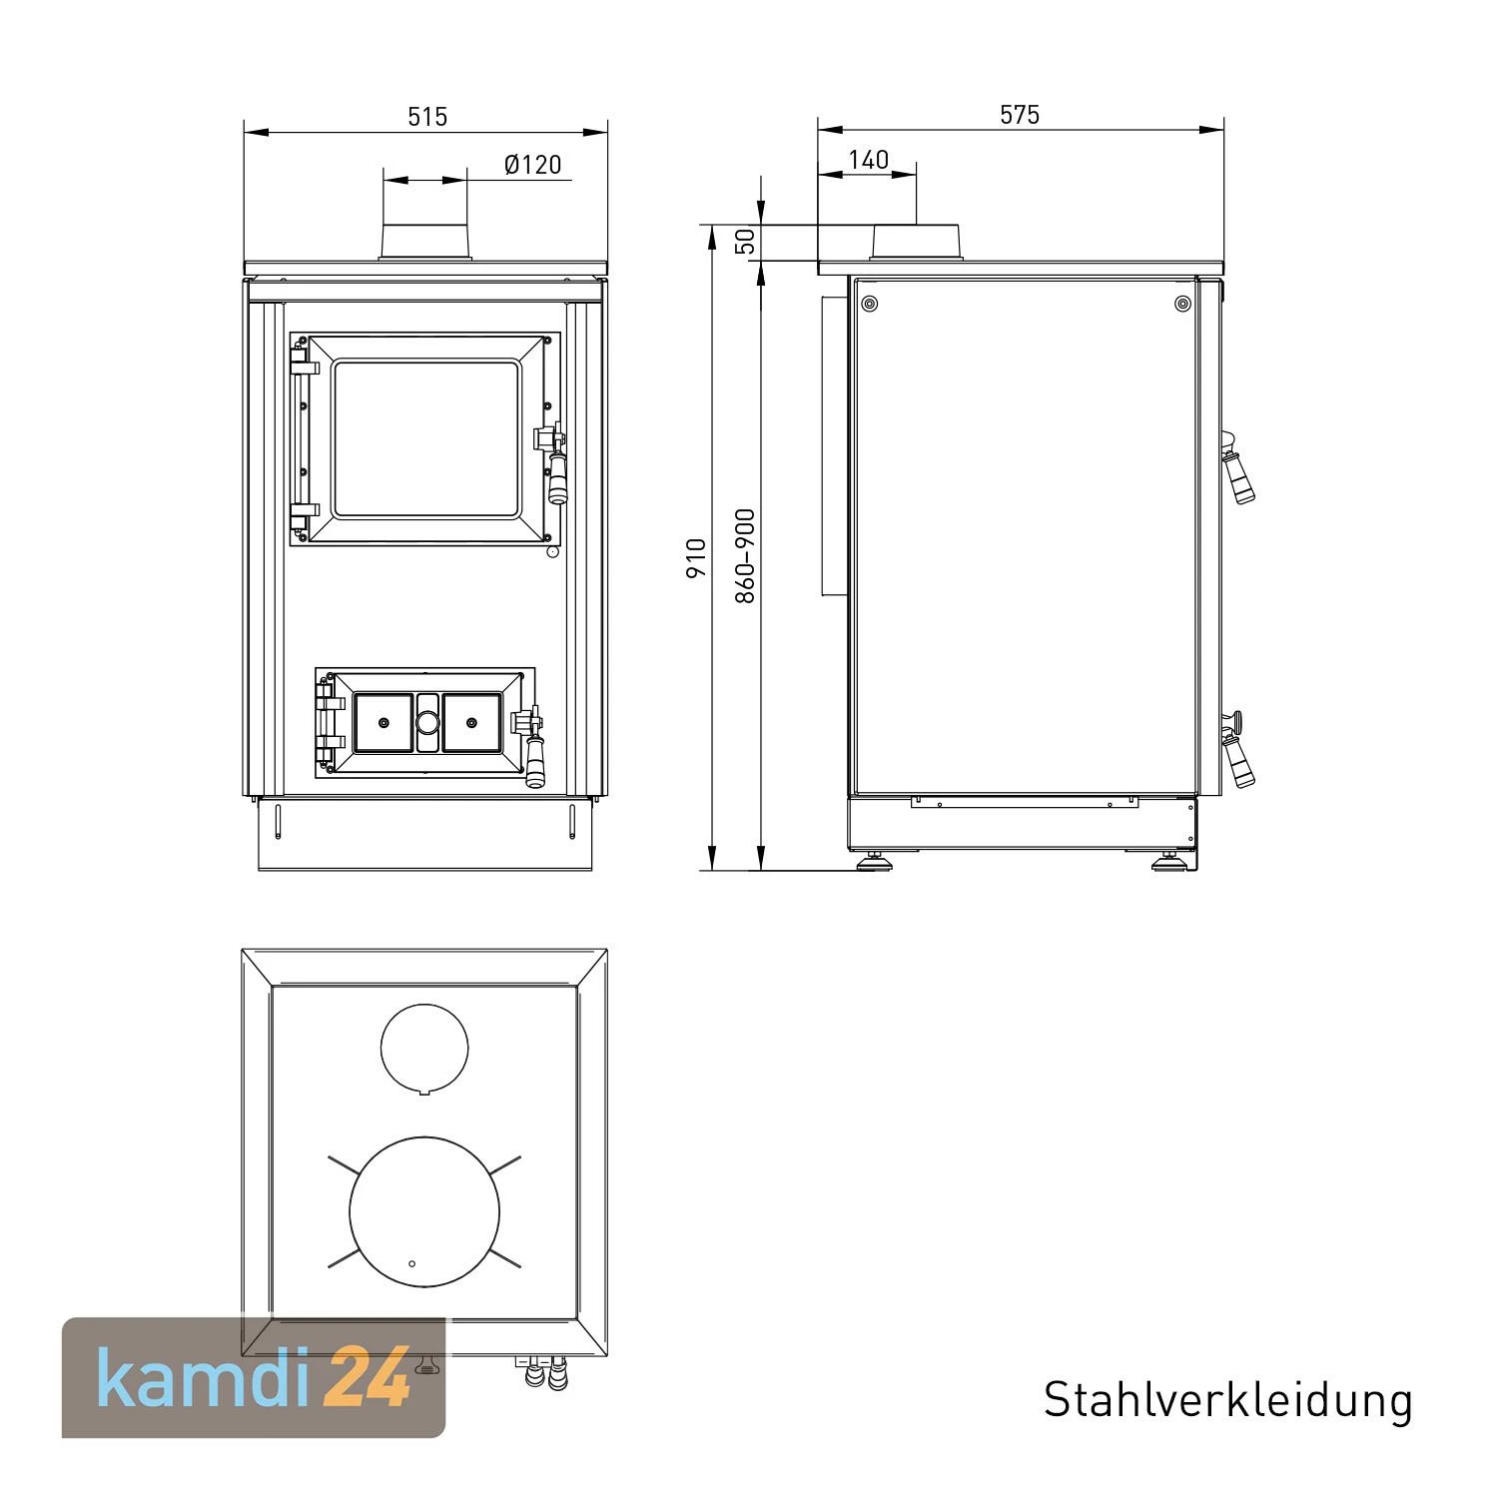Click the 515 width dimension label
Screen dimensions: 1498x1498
coord(427,116)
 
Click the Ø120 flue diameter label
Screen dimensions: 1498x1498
coord(532,164)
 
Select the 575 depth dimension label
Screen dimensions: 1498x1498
coord(1020,115)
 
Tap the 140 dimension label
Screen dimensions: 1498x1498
coord(868,160)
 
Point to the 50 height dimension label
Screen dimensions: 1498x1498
coord(744,241)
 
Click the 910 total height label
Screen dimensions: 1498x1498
coord(696,557)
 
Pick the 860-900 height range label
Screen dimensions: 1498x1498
coord(745,555)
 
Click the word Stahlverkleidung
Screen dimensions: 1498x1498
coord(1227,1400)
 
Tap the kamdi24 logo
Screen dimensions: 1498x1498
coord(254,1378)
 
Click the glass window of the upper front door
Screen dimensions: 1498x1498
coord(427,439)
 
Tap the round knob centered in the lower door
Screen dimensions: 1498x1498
coord(426,722)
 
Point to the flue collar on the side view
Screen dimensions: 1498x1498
coord(917,243)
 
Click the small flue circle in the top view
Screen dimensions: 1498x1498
coord(424,1047)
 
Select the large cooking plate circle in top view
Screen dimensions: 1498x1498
coord(424,1211)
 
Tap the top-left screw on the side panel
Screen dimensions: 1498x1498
coord(869,304)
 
